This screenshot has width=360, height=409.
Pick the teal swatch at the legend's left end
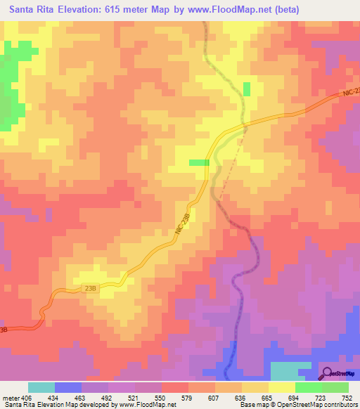pos(41,388)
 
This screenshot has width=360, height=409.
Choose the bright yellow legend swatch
pos(281,388)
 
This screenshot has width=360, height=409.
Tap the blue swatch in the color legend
pos(68,388)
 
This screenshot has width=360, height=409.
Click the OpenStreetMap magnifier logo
pos(327,373)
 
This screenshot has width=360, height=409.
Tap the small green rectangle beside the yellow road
pos(199,162)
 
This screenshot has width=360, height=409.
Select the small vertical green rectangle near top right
pos(247,89)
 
